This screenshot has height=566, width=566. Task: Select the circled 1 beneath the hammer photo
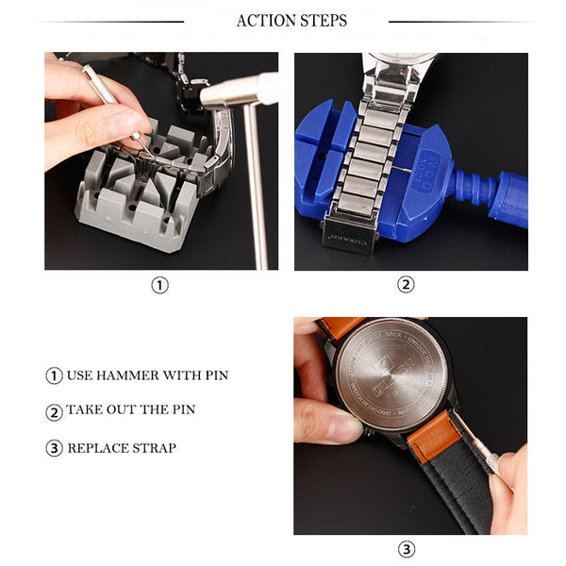tap(160, 285)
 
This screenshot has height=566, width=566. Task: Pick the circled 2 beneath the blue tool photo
tap(406, 285)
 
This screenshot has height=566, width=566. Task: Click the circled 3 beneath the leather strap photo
tap(406, 549)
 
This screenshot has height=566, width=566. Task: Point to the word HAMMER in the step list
tap(125, 375)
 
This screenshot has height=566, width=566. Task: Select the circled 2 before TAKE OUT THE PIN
tap(54, 411)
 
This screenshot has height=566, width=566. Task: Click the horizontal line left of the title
tap(113, 21)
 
